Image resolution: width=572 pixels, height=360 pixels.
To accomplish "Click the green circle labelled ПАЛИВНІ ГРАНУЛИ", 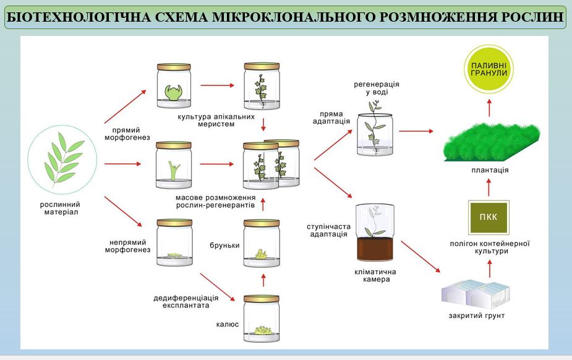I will tap(489, 69).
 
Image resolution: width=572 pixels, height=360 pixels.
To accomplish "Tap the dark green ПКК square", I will tap(489, 216).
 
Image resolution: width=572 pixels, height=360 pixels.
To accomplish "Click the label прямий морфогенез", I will tap(127, 134).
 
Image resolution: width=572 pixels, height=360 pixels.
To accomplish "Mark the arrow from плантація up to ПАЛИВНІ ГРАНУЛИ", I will tap(489, 109).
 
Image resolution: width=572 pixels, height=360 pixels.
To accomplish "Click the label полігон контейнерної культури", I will tap(490, 247).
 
